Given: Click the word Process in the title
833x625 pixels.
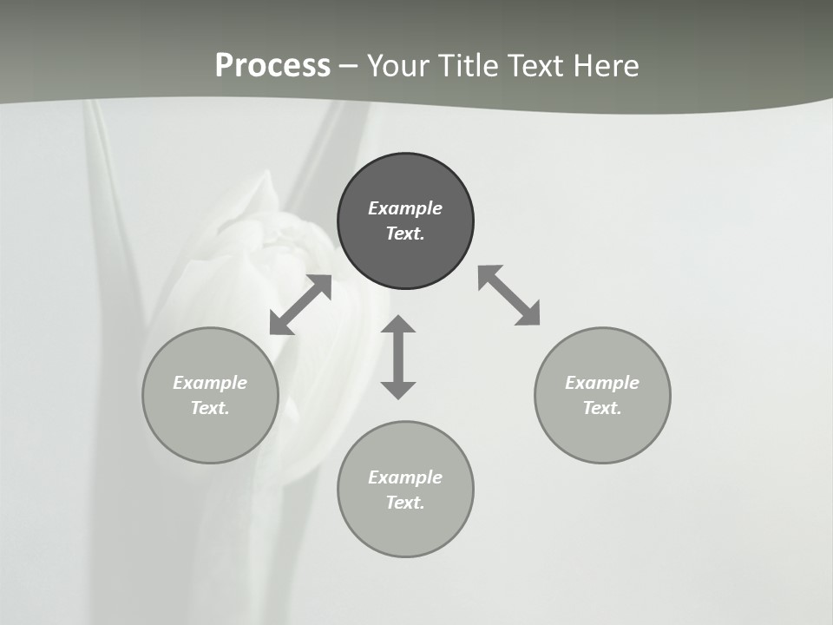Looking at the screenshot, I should [272, 66].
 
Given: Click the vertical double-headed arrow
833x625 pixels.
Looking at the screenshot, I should [398, 358].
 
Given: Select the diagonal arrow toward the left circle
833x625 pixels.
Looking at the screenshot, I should [300, 305].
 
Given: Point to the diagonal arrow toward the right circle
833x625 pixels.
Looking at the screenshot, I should [509, 296].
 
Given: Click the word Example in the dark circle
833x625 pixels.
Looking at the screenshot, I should [405, 208].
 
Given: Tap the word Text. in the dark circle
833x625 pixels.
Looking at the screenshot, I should [405, 234].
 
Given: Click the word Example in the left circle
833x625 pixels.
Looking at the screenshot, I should [210, 383].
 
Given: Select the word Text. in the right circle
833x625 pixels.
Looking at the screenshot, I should [602, 408].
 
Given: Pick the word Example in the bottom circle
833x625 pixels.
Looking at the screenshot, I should [405, 477].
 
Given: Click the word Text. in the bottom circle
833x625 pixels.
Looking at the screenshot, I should [405, 503].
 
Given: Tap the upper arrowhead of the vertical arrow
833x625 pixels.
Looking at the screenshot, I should [398, 326].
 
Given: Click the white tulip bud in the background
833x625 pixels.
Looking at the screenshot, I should [260, 252].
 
